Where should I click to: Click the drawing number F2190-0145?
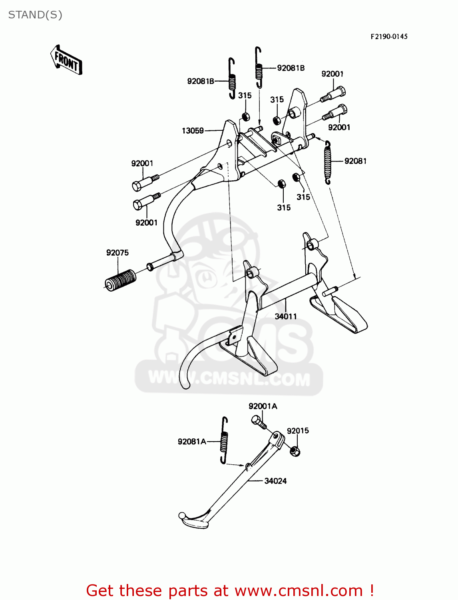pos(389,36)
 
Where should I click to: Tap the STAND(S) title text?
pos(35,15)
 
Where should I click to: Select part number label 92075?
pos(117,253)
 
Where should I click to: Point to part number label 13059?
pos(193,131)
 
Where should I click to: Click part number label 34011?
pos(286,316)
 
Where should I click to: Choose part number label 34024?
pos(275,481)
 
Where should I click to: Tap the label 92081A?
pos(192,442)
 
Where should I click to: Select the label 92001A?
pos(263,406)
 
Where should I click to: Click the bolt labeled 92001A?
pos(259,421)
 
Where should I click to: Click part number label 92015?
pos(298,431)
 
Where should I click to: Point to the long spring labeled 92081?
pos(328,162)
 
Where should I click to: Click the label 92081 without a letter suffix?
pos(355,161)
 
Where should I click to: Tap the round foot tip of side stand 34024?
pos(182,516)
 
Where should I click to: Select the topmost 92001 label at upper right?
pos(332,74)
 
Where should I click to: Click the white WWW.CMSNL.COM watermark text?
pos(229,378)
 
